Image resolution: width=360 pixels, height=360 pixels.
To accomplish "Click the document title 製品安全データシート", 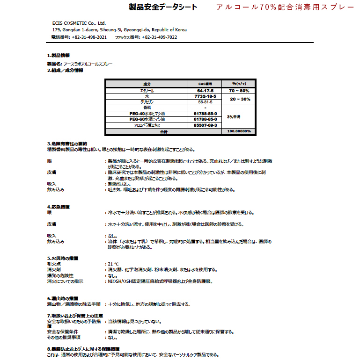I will [x=162, y=7].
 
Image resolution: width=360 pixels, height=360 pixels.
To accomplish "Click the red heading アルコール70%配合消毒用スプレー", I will [x=285, y=8].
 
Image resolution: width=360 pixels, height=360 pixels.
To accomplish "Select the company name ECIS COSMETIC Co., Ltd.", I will [x=79, y=23].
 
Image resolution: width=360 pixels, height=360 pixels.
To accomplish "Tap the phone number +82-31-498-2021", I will [x=89, y=37].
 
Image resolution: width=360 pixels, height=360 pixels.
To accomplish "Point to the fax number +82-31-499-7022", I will [x=159, y=37].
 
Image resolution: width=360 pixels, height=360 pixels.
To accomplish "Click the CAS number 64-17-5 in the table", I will [x=206, y=90].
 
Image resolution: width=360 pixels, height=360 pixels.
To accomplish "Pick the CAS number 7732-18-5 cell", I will [x=206, y=96].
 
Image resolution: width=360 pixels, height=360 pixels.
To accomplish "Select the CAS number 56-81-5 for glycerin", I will [x=206, y=101].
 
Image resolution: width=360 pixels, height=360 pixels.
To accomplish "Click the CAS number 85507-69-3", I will [x=206, y=125].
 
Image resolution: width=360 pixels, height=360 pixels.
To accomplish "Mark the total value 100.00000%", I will [x=240, y=131].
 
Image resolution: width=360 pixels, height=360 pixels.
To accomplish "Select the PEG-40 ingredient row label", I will [x=147, y=113].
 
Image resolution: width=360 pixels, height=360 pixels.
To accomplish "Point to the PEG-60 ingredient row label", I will [x=147, y=119].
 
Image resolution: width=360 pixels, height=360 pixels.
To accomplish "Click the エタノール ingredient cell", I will [x=147, y=90].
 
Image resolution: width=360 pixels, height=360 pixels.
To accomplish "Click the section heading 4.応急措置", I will [x=59, y=206].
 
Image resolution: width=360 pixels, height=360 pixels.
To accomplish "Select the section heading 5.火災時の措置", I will [x=62, y=258].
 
